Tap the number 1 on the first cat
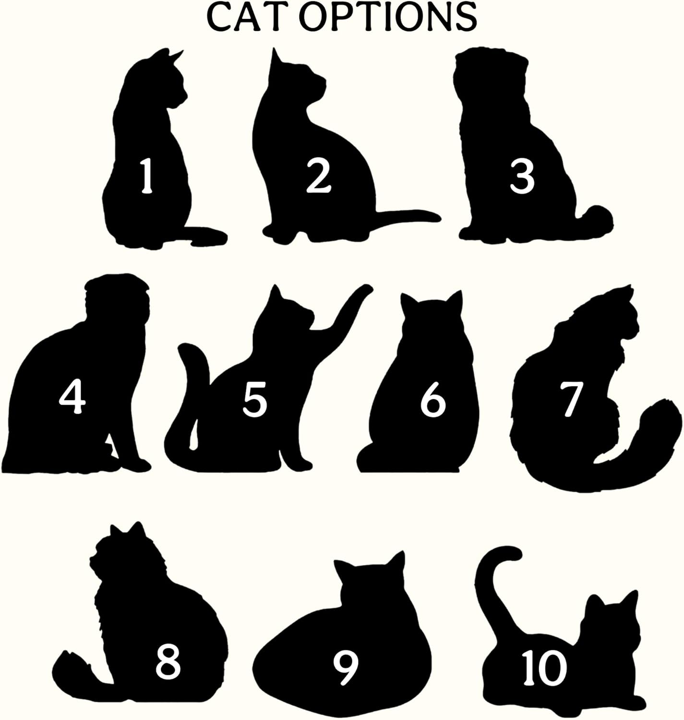[146, 177]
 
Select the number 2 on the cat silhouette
[318, 177]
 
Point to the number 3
[522, 177]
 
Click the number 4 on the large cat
[72, 397]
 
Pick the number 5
[254, 400]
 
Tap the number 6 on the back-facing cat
[433, 400]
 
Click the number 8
[168, 662]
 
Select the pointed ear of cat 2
[276, 58]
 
